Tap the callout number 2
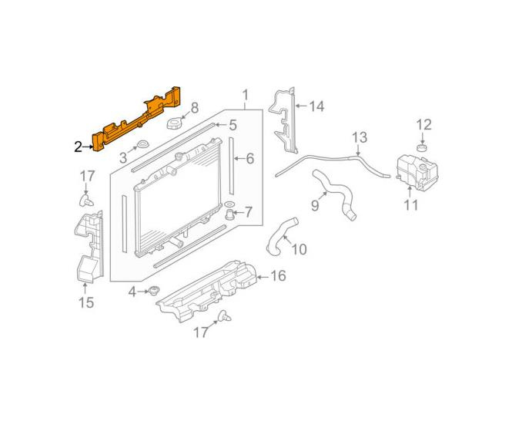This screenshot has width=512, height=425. [78, 147]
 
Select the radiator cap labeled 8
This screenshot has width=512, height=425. [176, 124]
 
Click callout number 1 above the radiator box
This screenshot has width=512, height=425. [246, 96]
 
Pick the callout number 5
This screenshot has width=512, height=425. [233, 125]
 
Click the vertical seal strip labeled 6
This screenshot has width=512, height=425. [231, 166]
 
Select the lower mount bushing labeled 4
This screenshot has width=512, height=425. [153, 290]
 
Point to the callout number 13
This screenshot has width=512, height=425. [360, 138]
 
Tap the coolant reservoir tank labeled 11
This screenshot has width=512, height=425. [417, 172]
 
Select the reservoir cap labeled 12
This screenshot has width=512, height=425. [422, 148]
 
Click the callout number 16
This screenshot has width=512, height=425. [278, 276]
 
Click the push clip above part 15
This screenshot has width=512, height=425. [86, 201]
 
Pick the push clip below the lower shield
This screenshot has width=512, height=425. [224, 315]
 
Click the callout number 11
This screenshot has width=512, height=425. [411, 205]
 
